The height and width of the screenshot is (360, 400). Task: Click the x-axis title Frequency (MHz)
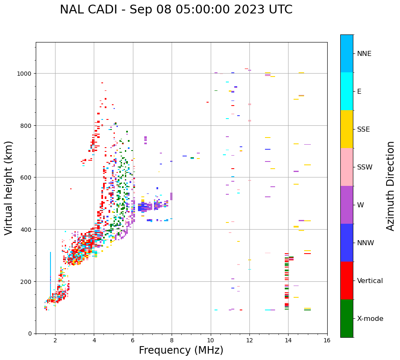pos(181,350)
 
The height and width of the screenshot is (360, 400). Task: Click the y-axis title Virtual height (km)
pos(9,188)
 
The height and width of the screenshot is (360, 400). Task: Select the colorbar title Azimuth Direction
pos(391,185)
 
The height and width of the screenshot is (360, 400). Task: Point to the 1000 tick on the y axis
pos(25,74)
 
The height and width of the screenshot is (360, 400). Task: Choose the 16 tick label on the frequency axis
pos(327,341)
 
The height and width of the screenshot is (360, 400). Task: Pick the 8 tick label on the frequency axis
pos(172,341)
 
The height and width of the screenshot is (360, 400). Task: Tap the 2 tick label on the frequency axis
pos(55,341)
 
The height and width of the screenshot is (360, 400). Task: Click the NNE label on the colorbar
pos(364,54)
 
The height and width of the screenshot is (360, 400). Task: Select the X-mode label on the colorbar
pos(370,319)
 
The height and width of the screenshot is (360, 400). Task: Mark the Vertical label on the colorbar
pos(370,281)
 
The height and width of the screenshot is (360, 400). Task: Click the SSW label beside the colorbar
pos(365,167)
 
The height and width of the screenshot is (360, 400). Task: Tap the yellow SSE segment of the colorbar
pos(347,129)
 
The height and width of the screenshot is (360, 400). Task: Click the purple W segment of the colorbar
pos(347,205)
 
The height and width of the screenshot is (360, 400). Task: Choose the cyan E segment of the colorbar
pos(347,91)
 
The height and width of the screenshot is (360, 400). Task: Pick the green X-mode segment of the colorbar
pos(347,318)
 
